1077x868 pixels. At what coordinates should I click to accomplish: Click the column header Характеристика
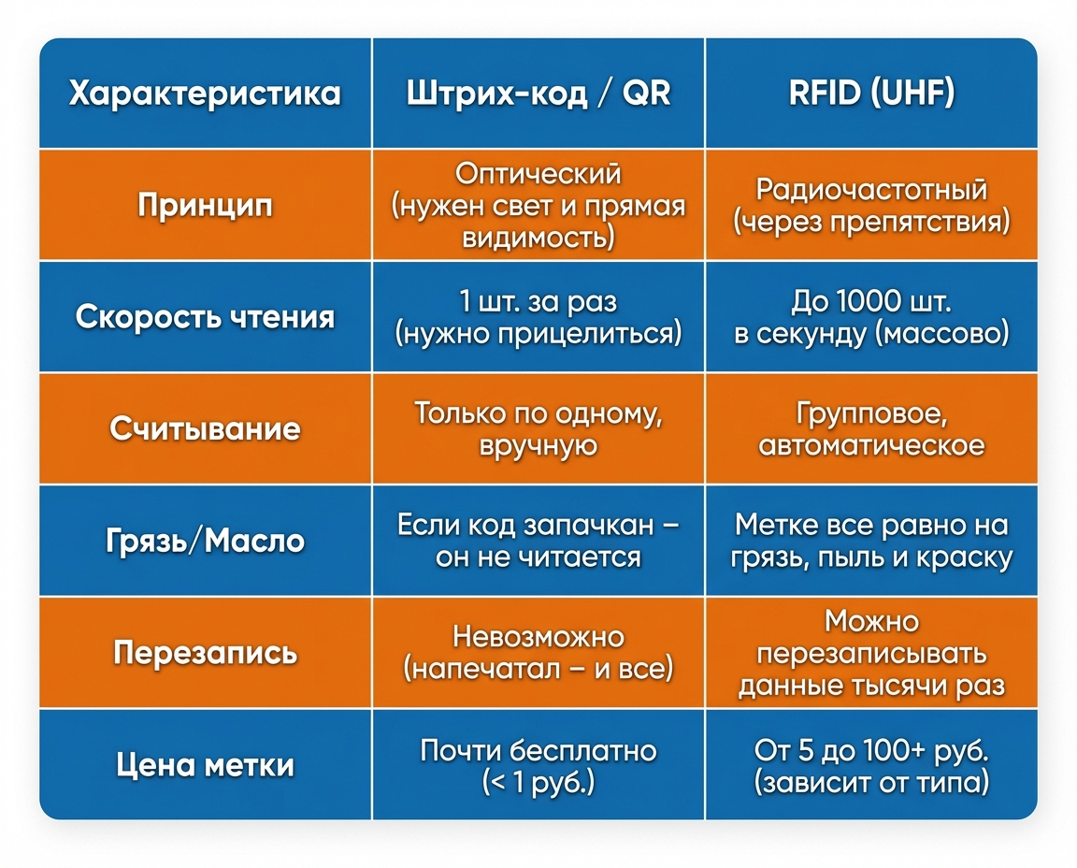(x=205, y=94)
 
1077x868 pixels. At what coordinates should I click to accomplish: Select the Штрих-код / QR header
(x=538, y=94)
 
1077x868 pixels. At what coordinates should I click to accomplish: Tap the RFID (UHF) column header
(x=871, y=94)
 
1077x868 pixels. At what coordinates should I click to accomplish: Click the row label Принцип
(x=205, y=205)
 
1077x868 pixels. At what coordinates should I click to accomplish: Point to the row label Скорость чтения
(x=205, y=317)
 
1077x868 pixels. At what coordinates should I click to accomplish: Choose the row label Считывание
(x=205, y=428)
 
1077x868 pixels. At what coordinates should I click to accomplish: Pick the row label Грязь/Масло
(x=205, y=541)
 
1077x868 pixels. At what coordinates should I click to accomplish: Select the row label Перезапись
(x=205, y=652)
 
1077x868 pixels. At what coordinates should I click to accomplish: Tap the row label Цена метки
(x=205, y=765)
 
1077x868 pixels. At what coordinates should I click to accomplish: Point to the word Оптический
(x=538, y=174)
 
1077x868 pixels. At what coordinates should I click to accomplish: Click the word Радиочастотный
(x=871, y=190)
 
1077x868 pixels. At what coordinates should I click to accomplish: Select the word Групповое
(x=871, y=413)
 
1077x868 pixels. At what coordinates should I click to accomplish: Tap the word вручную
(x=538, y=444)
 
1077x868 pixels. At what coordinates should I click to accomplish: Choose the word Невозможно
(x=538, y=637)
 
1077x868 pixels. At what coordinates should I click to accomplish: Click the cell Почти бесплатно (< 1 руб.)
(x=538, y=765)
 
